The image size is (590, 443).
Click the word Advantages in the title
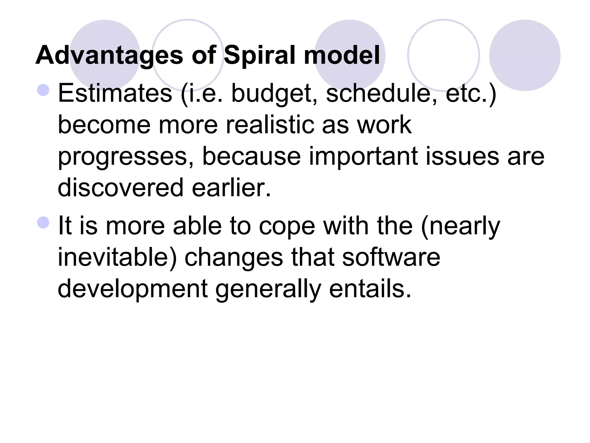coord(109,55)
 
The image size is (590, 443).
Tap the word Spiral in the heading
coord(259,55)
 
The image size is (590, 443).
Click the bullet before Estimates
coord(44,90)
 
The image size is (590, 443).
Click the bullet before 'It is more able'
coord(44,222)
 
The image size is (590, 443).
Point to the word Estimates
coord(115,93)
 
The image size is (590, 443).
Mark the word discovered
coord(120,188)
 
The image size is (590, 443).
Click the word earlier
coord(231,188)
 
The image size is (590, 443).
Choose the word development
coord(133,289)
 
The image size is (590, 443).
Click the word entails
coord(370,289)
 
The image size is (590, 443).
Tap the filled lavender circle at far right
coord(525,55)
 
